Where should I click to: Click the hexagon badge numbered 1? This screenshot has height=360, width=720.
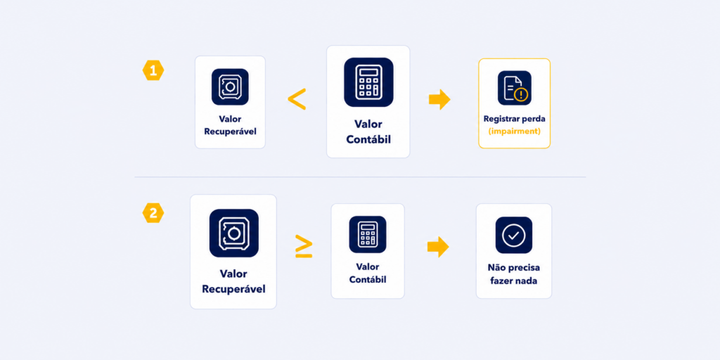[x=153, y=70]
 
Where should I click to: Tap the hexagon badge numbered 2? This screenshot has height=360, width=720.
[x=153, y=212]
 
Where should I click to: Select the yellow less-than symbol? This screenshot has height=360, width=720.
[x=297, y=98]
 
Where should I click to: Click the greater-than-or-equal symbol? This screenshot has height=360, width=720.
[x=304, y=247]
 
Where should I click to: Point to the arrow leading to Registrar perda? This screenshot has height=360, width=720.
[x=439, y=99]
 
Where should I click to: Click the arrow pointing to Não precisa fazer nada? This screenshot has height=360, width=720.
[x=438, y=247]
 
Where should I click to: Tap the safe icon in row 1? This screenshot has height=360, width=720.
[x=230, y=86]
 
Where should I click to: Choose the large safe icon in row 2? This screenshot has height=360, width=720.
[x=233, y=233]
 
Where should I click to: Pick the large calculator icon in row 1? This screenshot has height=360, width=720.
[x=368, y=82]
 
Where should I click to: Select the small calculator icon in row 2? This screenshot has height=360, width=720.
[x=368, y=235]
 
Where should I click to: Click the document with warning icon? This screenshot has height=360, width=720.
[x=514, y=88]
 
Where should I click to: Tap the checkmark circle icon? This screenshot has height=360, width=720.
[x=514, y=235]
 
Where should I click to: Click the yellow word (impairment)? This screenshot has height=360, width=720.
[x=514, y=131]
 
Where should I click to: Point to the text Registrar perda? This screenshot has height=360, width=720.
[x=514, y=118]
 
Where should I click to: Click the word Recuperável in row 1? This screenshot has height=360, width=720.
[x=230, y=131]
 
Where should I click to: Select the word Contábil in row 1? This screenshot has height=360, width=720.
[x=368, y=139]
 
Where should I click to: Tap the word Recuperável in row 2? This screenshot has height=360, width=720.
[x=233, y=289]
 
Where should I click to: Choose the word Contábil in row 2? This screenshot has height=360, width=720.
[x=368, y=279]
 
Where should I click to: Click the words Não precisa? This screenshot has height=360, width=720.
[x=514, y=267]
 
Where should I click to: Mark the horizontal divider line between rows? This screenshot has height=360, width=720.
[x=360, y=176]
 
